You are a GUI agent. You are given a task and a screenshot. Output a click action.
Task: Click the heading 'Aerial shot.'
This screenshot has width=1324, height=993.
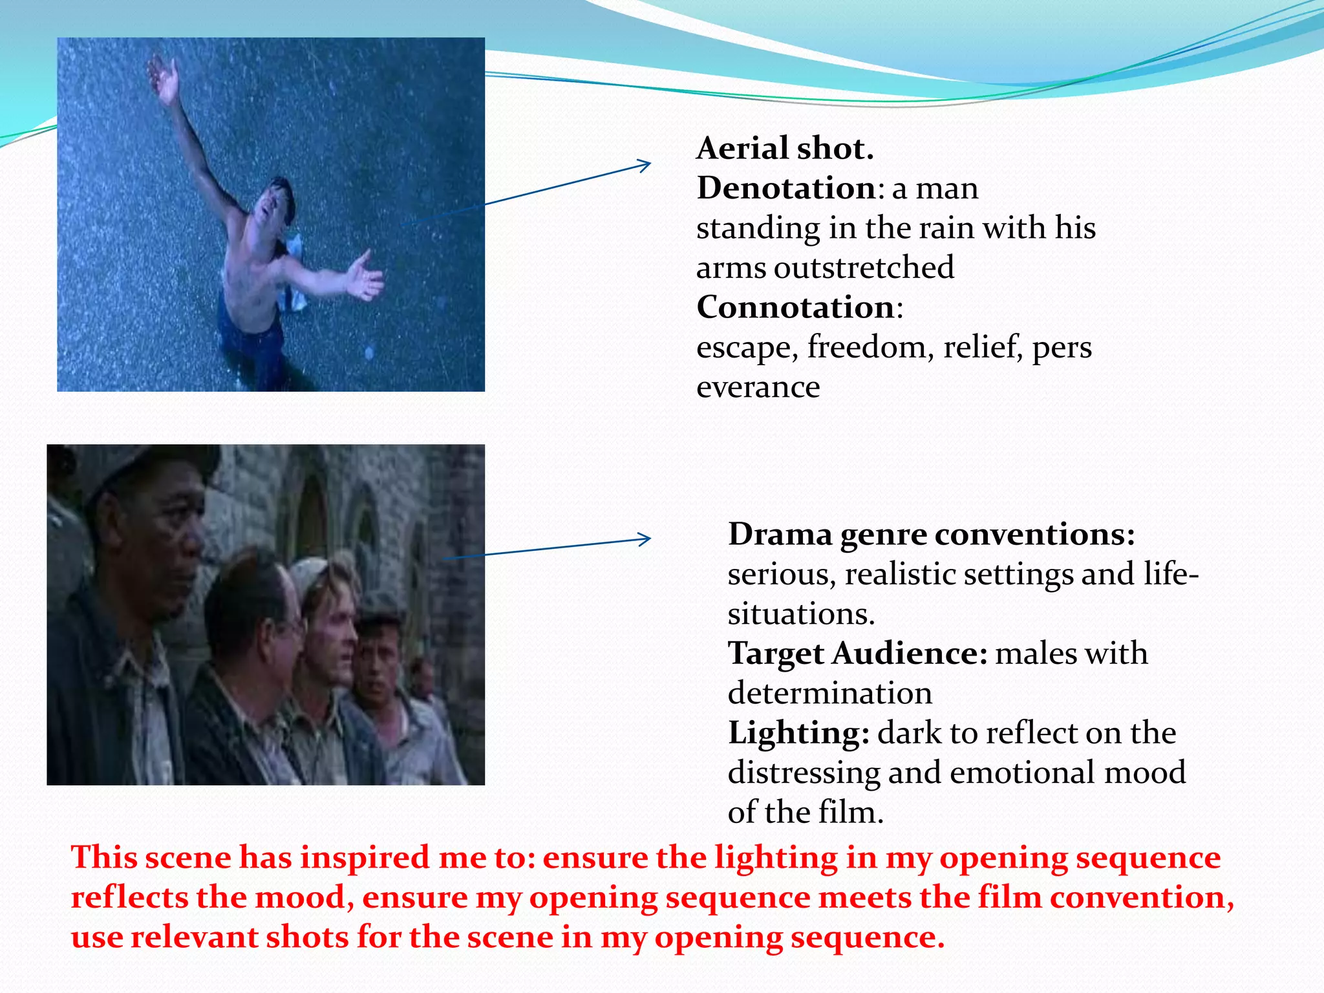pos(785,149)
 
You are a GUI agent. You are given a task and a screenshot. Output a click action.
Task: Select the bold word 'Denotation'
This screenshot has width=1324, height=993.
pos(785,189)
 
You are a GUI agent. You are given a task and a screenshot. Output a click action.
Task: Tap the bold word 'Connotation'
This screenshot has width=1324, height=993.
pos(795,308)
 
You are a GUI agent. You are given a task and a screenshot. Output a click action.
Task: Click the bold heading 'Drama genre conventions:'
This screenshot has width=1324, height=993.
pos(931,535)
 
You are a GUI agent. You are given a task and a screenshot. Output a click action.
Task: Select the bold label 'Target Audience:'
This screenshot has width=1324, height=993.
pos(857,654)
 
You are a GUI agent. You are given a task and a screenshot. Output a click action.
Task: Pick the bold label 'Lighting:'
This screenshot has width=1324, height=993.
pos(798,734)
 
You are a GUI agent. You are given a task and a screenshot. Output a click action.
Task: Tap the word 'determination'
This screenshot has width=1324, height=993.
pos(829,694)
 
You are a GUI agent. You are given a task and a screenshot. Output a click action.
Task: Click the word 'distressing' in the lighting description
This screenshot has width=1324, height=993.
pos(804,773)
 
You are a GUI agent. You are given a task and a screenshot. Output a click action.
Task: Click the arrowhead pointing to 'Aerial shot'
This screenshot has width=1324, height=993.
pos(644,165)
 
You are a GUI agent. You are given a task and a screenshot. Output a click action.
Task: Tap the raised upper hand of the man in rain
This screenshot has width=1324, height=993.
pos(164,81)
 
